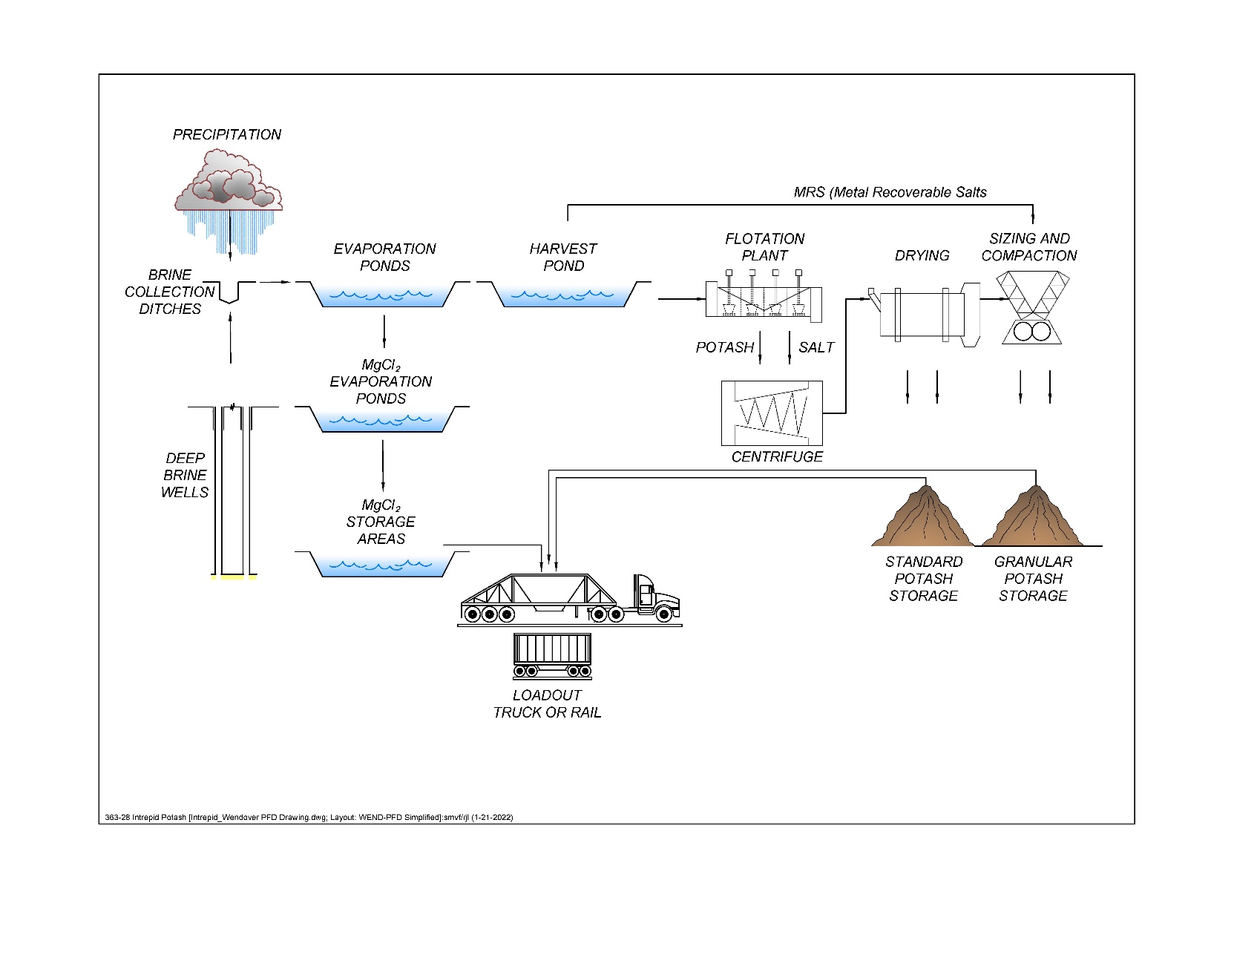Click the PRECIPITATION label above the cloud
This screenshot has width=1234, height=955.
[227, 134]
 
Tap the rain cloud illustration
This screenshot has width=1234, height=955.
[228, 180]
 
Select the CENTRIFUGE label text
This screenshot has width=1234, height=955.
[777, 456]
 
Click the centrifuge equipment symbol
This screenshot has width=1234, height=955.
[772, 413]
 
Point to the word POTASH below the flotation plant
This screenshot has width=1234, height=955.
[724, 347]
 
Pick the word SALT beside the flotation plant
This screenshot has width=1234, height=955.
[816, 347]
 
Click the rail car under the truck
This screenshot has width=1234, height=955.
[553, 654]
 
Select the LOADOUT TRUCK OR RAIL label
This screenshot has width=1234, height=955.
[547, 703]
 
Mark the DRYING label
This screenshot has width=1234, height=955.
[922, 255]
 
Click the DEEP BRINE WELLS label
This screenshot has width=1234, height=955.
[185, 475]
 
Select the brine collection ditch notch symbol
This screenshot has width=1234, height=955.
[230, 292]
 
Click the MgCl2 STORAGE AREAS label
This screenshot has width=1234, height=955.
[381, 522]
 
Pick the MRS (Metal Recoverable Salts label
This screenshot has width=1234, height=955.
[890, 192]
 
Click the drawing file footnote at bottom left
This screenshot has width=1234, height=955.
[309, 817]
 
